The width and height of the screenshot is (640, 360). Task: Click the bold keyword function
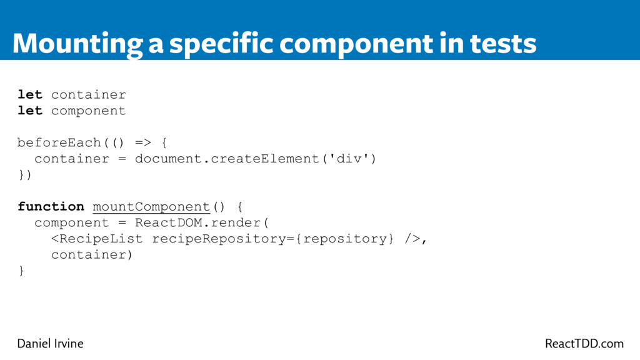(x=51, y=206)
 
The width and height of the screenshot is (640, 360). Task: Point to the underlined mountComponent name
(x=151, y=206)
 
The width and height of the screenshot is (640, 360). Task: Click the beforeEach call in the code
(x=59, y=142)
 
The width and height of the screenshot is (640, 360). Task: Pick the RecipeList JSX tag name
(x=101, y=239)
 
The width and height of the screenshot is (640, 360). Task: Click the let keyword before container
(x=30, y=95)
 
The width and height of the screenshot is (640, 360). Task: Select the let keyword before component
(x=30, y=111)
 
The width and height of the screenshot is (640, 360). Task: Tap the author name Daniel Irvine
(x=50, y=344)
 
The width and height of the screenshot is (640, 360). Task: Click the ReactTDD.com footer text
(x=584, y=344)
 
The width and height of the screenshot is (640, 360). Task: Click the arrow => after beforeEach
(x=143, y=142)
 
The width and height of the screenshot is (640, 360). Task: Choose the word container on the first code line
(x=89, y=95)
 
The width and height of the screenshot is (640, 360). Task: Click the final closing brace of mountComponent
(x=21, y=271)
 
